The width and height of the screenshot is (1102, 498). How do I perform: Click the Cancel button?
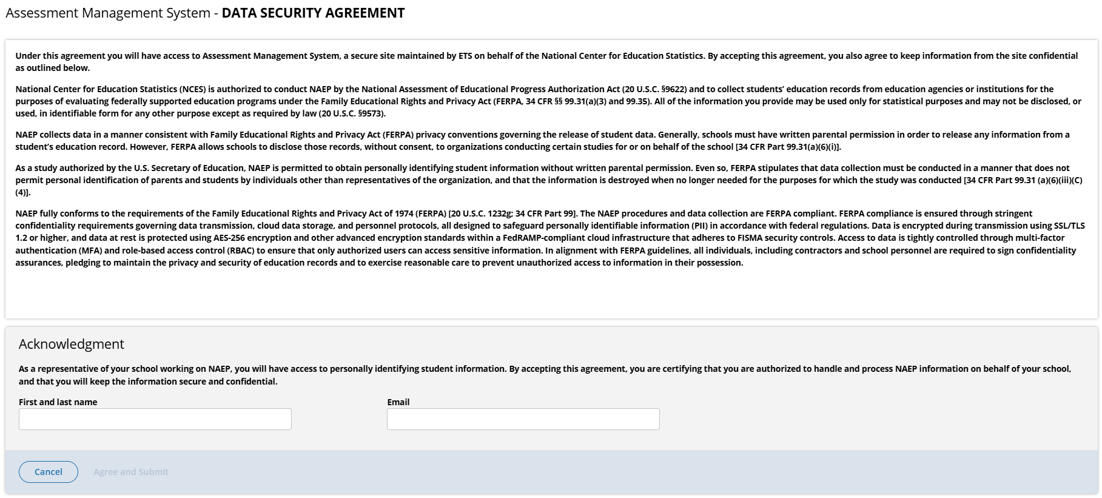49,472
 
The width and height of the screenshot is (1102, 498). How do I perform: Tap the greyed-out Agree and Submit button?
131,472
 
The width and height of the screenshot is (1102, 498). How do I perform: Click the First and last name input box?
155,419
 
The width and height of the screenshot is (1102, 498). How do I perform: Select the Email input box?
523,419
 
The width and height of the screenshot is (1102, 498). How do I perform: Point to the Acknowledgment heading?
72,344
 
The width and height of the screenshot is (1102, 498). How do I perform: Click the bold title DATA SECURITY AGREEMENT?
313,13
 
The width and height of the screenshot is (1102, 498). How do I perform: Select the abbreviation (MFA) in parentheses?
90,251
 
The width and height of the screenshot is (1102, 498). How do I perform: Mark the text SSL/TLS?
1068,226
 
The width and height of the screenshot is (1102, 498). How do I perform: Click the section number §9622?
674,89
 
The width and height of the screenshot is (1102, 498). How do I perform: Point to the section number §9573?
371,113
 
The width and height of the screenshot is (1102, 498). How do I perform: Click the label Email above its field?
398,402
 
